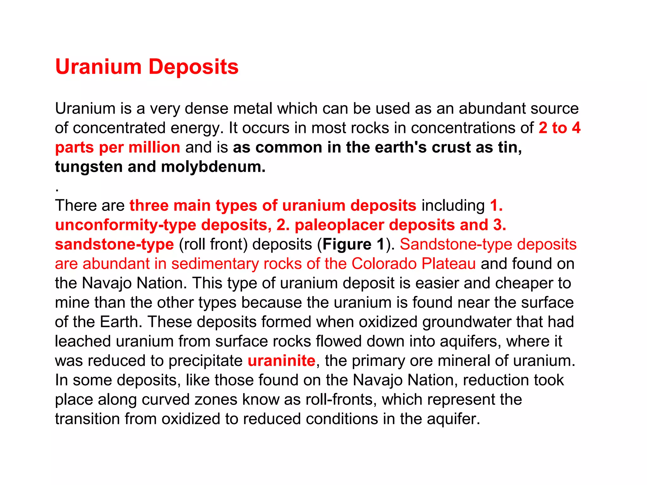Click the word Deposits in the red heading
tap(193, 67)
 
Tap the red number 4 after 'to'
tap(576, 128)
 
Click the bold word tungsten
tap(88, 167)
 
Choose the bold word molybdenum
tap(213, 167)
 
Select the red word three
tap(149, 206)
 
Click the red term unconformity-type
tap(125, 225)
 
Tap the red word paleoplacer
tap(339, 225)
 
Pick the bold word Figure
tap(347, 244)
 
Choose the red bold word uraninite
tap(281, 361)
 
